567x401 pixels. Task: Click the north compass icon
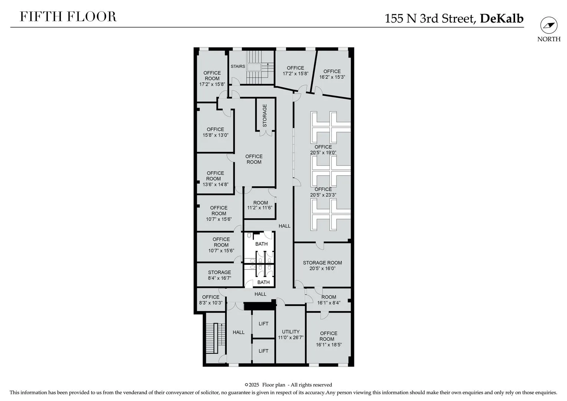coord(549,25)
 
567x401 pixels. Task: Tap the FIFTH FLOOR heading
coord(68,17)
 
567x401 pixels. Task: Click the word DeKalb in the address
coord(502,18)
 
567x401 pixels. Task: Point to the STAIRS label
coord(238,66)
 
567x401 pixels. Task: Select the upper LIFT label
coord(263,323)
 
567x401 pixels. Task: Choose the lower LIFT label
coord(263,351)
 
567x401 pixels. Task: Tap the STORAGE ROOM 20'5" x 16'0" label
coord(322,265)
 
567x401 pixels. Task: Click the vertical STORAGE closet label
coord(265,115)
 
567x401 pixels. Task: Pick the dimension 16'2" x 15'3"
coord(332,77)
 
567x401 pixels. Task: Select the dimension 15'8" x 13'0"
coord(216,135)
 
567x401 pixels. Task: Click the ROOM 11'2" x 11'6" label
coord(260,205)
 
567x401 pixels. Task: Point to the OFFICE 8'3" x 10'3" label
coord(211,300)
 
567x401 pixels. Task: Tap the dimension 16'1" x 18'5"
coord(329,345)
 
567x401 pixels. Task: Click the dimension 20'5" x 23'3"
coord(323,195)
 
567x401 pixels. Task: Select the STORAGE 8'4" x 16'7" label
coord(219,275)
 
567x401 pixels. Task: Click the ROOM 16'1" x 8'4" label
coord(329,300)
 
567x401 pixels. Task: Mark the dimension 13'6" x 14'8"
coord(216,185)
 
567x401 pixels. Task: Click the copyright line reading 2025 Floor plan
coord(289,385)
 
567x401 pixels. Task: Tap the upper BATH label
coord(262,244)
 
